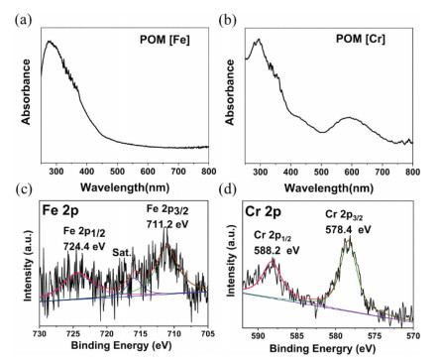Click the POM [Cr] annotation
380,39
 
